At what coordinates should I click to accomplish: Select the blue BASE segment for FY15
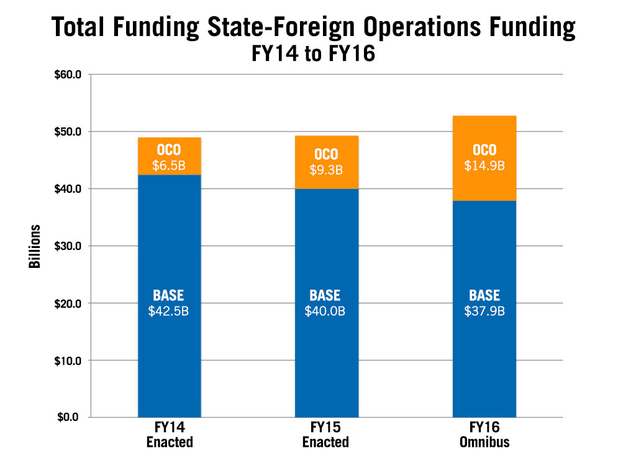[x=327, y=249]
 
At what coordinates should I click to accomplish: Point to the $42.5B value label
[x=168, y=311]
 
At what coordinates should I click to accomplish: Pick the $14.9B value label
[x=484, y=166]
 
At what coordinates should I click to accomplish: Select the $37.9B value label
[x=484, y=311]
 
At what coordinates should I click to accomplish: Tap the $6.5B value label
[x=169, y=166]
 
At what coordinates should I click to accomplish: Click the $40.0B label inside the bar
[x=327, y=311]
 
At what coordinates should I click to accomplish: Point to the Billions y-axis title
[x=34, y=246]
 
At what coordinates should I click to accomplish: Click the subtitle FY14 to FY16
[x=314, y=54]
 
